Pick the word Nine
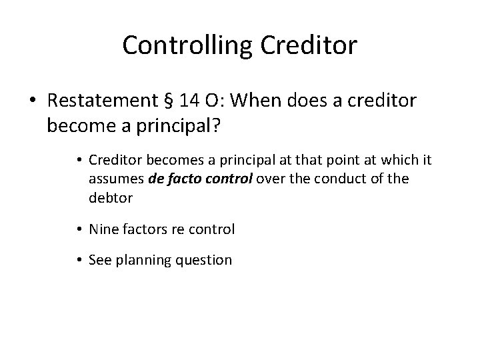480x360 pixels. click(103, 229)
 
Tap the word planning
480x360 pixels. click(145, 260)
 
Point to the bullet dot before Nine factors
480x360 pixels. click(79, 229)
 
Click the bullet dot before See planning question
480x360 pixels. click(79, 260)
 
